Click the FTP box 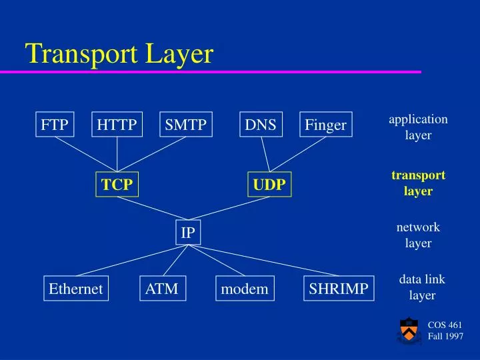pyautogui.click(x=55, y=125)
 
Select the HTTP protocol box pyautogui.click(x=117, y=125)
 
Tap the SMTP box pyautogui.click(x=186, y=125)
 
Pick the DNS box pyautogui.click(x=260, y=125)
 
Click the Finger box pyautogui.click(x=325, y=125)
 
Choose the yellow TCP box pyautogui.click(x=117, y=185)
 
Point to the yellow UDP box pyautogui.click(x=269, y=185)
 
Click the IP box pyautogui.click(x=189, y=233)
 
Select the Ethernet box pyautogui.click(x=75, y=289)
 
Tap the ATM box pyautogui.click(x=162, y=288)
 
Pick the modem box pyautogui.click(x=244, y=289)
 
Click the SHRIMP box pyautogui.click(x=339, y=289)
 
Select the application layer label pyautogui.click(x=418, y=127)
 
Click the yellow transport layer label pyautogui.click(x=418, y=183)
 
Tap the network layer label pyautogui.click(x=418, y=235)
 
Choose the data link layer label pyautogui.click(x=421, y=287)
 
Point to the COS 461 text pyautogui.click(x=445, y=325)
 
